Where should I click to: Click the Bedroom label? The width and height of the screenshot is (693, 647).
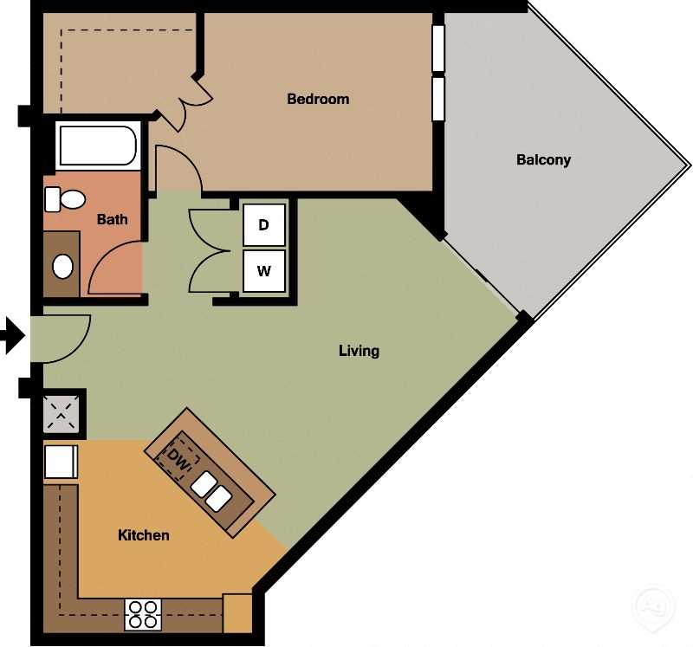318,99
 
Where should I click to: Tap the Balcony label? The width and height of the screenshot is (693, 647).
543,159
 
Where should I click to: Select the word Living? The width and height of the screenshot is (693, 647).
359,351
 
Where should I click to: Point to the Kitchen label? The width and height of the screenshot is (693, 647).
143,535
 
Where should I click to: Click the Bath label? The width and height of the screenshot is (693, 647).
112,219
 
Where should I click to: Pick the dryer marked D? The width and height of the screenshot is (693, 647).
264,225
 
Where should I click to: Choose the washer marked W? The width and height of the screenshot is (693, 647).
264,271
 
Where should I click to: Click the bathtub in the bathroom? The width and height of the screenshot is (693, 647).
97,146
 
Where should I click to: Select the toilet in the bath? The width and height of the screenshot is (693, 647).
65,199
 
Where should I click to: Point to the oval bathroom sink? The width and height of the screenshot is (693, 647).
63,266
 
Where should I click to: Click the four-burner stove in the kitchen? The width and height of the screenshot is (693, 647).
143,613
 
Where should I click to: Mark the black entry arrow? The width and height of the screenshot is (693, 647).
11,335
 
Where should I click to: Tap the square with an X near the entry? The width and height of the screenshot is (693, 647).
64,414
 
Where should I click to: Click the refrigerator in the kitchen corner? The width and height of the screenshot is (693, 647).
61,462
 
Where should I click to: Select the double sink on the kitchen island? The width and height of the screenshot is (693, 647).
210,492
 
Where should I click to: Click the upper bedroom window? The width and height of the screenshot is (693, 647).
437,48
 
